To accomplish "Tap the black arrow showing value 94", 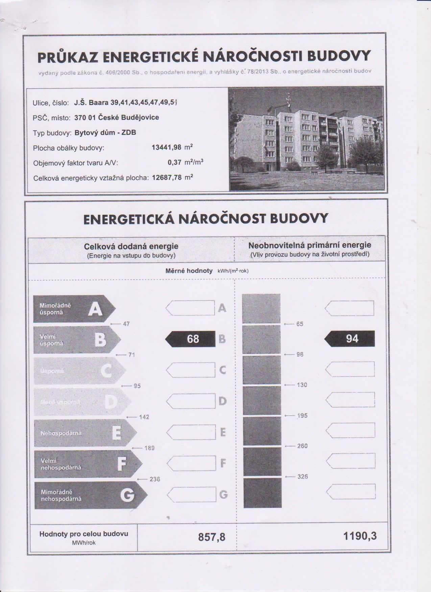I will coord(350,339).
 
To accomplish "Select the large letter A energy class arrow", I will coord(74,309).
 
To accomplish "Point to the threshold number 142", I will coord(144,417).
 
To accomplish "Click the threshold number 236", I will coord(154,479).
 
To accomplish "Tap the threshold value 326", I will coord(302,477).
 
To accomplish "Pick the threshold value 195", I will coord(302,416).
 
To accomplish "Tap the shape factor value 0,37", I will coord(174,162).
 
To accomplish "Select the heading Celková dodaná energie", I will coord(131,247).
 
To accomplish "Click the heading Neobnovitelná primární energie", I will coord(310,245).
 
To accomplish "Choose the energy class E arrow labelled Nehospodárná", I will coord(85,433).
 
